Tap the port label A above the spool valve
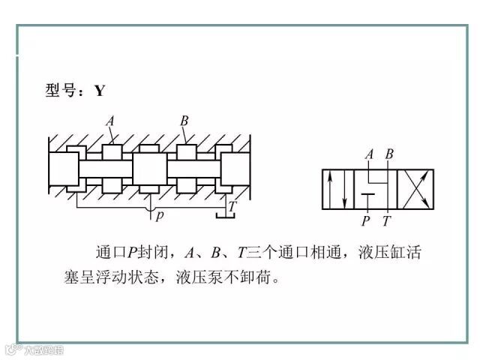click(110, 121)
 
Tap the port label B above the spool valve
click(184, 121)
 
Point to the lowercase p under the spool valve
click(158, 216)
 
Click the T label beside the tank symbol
click(232, 204)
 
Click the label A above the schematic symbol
click(369, 154)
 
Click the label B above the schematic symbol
click(388, 154)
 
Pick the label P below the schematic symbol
click(366, 221)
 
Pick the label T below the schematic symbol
click(386, 221)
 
